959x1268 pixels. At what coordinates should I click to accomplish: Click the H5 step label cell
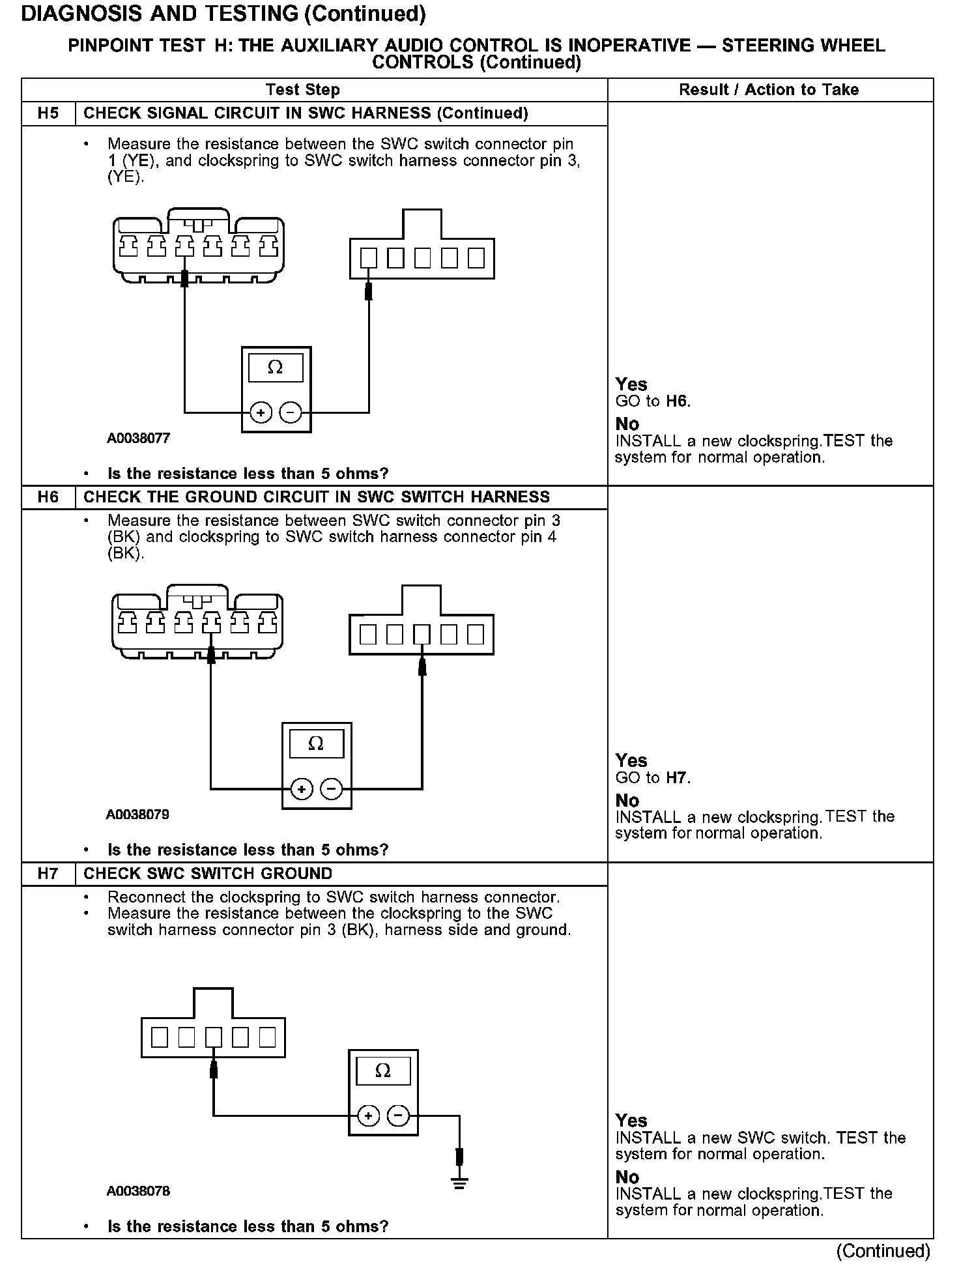(48, 113)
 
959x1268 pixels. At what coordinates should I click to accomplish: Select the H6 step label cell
(48, 497)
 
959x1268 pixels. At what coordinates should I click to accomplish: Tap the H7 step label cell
(48, 874)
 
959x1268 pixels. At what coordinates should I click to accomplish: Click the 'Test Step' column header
(302, 90)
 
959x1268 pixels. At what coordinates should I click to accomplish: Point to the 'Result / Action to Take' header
(769, 90)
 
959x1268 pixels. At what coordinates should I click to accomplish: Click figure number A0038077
(138, 439)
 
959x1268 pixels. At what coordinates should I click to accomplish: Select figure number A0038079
(138, 814)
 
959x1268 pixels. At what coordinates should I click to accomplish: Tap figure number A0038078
(138, 1191)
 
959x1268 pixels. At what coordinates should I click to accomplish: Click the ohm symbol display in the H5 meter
(276, 368)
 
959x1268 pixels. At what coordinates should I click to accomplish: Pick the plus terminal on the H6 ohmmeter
(301, 789)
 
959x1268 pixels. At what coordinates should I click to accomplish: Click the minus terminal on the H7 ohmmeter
(399, 1116)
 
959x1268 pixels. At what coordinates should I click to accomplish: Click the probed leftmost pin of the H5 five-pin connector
(369, 259)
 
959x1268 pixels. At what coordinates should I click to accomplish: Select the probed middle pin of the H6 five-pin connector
(422, 635)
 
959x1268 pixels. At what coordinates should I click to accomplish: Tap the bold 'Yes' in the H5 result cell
(631, 384)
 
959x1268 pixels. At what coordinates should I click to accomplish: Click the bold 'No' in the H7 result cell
(627, 1177)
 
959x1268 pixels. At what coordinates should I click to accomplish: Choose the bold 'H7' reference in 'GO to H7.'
(678, 777)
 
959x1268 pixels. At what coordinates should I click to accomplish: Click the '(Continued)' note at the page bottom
(883, 1250)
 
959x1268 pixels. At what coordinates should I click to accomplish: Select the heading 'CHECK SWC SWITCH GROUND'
(208, 874)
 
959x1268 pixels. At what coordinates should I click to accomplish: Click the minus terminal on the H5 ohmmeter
(291, 412)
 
